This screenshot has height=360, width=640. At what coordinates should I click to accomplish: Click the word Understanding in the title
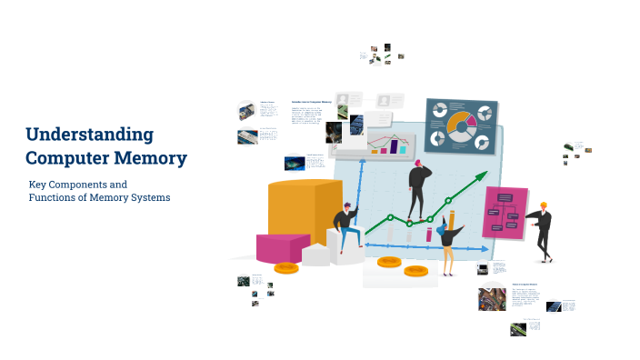(89, 135)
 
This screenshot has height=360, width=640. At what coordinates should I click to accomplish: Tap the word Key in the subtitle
(38, 185)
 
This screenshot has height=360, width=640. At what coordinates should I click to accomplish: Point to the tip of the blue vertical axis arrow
(363, 161)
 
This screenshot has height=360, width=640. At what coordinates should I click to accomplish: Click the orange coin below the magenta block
(286, 267)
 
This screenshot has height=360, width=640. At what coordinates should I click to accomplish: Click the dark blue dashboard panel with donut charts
(463, 126)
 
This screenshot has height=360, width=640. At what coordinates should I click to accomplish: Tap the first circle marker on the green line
(391, 217)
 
